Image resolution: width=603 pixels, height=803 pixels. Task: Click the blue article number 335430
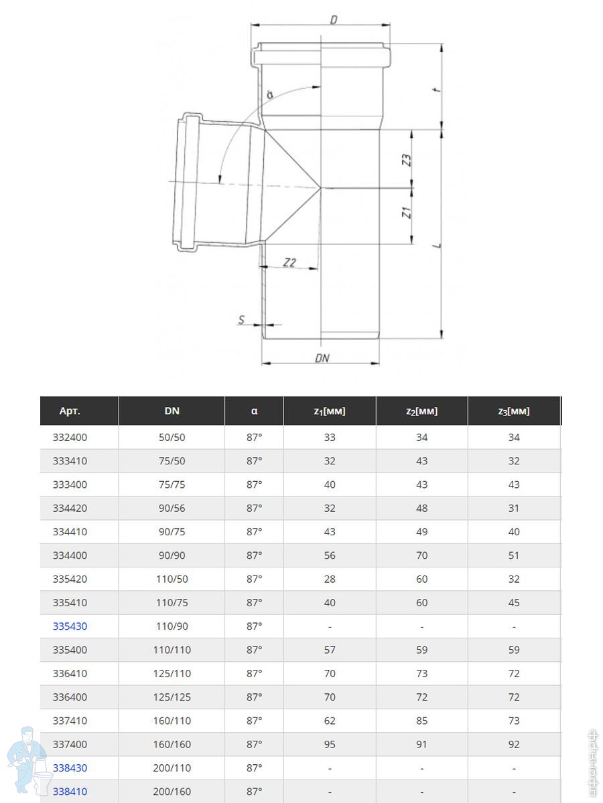(70, 626)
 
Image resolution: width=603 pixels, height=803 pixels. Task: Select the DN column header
(172, 411)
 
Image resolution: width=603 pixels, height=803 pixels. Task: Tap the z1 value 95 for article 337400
(330, 744)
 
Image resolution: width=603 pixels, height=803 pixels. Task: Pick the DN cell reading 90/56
(172, 508)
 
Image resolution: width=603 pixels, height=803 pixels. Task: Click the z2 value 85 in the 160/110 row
(421, 721)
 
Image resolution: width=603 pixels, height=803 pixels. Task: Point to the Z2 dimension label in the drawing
(289, 262)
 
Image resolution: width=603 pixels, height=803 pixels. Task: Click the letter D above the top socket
(333, 20)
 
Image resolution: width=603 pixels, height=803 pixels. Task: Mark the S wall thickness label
(242, 320)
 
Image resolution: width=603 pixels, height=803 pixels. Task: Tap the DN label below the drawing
(322, 358)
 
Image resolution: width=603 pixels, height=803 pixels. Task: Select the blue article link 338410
(70, 792)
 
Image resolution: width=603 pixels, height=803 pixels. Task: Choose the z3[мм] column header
(513, 411)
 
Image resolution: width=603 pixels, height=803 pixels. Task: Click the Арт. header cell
(70, 411)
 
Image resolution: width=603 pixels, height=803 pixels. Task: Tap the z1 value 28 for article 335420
(330, 579)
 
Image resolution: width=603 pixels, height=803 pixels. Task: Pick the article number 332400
(70, 437)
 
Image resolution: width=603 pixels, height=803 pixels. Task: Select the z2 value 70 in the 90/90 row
(421, 555)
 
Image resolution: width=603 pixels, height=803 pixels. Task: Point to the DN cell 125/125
(172, 697)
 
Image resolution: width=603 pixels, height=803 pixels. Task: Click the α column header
(254, 411)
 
